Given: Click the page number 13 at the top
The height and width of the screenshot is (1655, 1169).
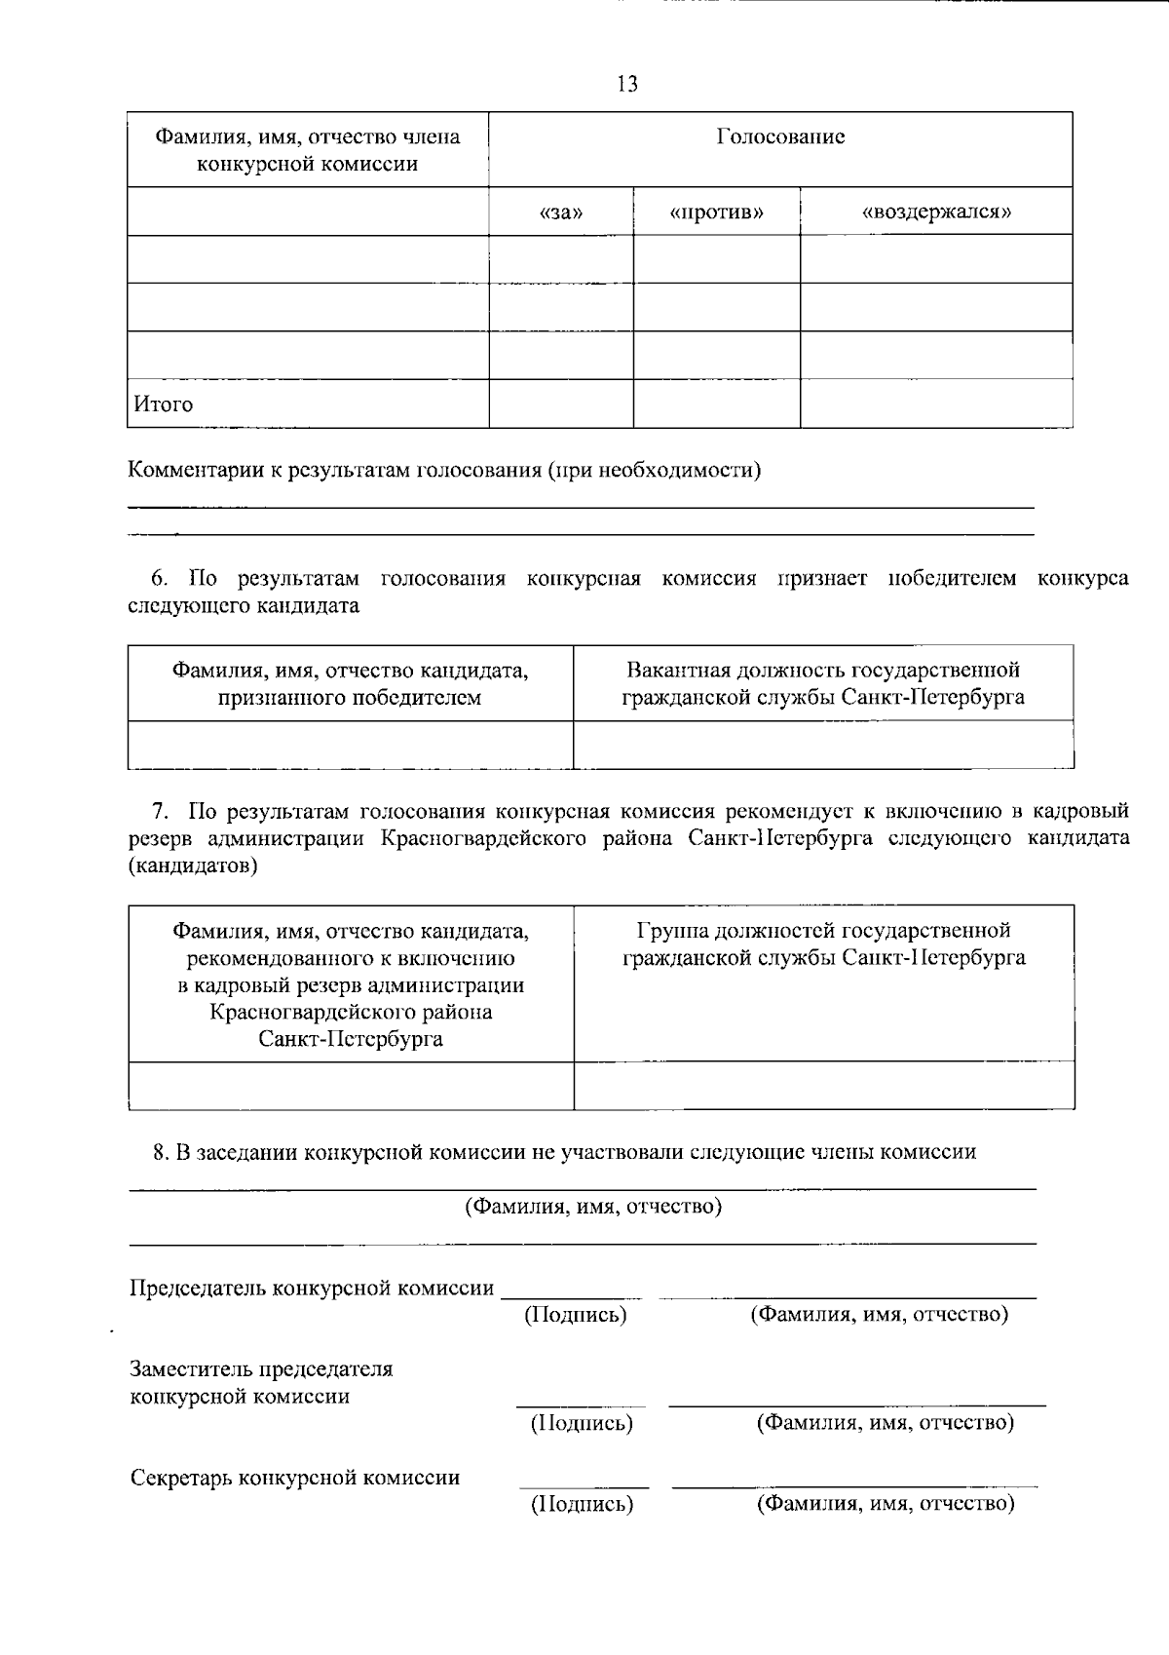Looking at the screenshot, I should click(627, 85).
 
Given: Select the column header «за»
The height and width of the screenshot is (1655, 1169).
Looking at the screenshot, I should click(561, 212).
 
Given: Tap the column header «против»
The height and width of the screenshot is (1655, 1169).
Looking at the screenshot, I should click(717, 212).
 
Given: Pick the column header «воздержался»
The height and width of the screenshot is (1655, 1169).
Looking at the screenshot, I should click(936, 212).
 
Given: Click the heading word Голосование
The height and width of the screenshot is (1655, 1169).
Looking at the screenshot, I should click(780, 136).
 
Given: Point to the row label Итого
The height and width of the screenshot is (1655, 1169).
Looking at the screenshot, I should click(164, 404).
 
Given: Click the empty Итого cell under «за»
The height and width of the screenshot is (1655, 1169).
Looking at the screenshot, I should click(561, 404).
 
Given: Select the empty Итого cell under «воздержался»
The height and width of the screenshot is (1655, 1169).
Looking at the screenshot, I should click(936, 404).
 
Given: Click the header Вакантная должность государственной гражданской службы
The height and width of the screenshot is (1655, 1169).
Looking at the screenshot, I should click(823, 684).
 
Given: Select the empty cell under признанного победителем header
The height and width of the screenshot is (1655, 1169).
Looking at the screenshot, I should click(351, 746).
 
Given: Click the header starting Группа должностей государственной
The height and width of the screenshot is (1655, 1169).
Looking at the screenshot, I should click(823, 944).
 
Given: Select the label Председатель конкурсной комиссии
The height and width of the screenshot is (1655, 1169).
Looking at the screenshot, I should click(312, 1289).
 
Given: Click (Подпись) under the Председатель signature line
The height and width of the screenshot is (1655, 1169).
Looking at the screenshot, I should click(575, 1315).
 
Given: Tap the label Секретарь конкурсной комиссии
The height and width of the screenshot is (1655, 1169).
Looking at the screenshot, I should click(295, 1478).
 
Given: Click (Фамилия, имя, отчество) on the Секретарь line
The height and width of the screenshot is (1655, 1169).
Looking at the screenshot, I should click(886, 1504).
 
